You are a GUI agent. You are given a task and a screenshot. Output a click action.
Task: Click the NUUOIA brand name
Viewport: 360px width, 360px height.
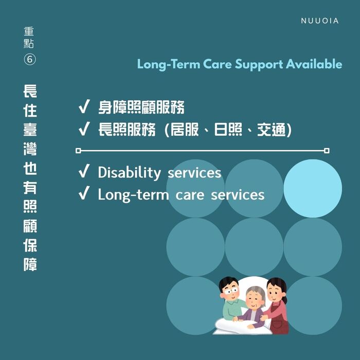tap(319, 21)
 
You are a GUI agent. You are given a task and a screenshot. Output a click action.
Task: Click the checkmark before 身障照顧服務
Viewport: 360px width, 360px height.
tap(84, 107)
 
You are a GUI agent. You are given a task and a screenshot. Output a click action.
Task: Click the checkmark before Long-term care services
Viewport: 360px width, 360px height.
tap(84, 194)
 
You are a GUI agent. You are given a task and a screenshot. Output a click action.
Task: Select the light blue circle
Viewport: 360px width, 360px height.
tap(313, 188)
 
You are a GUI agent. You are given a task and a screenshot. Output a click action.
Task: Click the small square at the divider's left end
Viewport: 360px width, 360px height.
tap(78, 151)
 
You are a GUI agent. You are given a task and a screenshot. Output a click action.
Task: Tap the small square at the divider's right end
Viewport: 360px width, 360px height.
tap(327, 151)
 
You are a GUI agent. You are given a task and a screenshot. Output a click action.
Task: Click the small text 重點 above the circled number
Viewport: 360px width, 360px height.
tap(30, 37)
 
